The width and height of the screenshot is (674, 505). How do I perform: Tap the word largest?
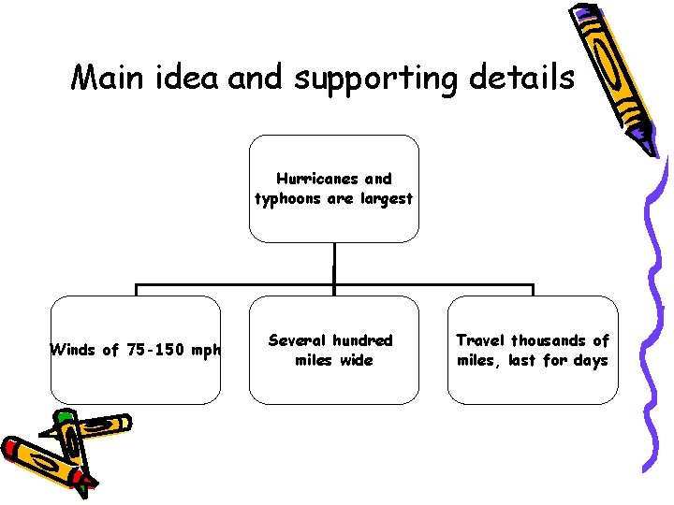tap(384, 198)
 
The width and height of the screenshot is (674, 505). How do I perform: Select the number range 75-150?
tap(154, 351)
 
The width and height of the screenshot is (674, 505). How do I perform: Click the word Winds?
tap(73, 351)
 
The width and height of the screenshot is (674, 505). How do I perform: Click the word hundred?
tap(362, 340)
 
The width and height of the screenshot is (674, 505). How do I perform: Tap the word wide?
tap(355, 360)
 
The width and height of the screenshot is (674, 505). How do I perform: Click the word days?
tap(590, 360)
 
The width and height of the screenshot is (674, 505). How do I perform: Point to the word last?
tap(522, 360)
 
